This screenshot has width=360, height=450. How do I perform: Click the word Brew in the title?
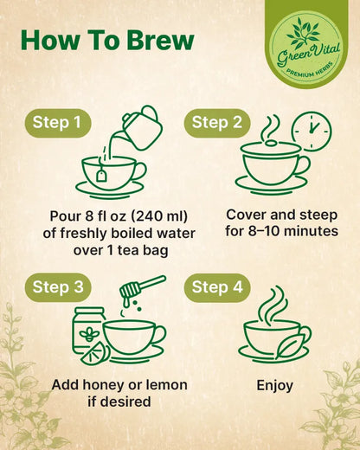click(160, 40)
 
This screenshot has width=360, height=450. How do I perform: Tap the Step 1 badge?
click(58, 123)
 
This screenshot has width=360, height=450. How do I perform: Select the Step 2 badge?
click(217, 123)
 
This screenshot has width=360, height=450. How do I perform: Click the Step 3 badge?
click(58, 287)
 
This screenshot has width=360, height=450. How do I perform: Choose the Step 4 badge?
click(217, 287)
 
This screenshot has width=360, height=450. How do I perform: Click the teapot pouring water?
click(141, 127)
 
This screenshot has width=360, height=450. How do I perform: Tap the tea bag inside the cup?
click(101, 175)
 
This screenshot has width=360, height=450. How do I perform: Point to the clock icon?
click(312, 132)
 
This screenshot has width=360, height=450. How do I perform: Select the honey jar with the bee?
click(89, 329)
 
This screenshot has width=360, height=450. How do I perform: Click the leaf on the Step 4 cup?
click(291, 345)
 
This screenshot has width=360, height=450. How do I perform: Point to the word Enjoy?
click(274, 386)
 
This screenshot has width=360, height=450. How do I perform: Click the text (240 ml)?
click(159, 216)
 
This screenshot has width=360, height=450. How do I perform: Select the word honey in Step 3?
click(100, 386)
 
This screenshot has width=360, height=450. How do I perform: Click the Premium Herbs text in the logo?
click(309, 72)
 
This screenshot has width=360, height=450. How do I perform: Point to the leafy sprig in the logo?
click(303, 34)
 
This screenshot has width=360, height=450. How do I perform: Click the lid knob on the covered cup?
click(271, 143)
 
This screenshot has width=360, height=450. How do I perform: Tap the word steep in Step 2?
click(318, 215)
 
